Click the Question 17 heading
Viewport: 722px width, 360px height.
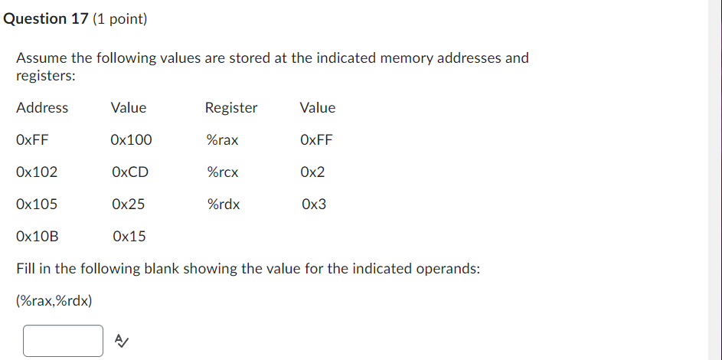[46, 19]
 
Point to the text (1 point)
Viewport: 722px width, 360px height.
[119, 19]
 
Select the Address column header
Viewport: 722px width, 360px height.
[42, 108]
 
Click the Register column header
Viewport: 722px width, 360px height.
[231, 108]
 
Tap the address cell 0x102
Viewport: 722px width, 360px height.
[36, 172]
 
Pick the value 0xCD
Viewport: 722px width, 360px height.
[129, 172]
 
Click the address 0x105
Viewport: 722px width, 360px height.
[36, 205]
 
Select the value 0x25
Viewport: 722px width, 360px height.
[128, 205]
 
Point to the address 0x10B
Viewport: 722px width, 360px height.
[37, 237]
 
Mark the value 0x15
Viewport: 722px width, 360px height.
[129, 237]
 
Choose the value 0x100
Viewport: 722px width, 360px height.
[131, 140]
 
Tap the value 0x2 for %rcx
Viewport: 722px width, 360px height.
[313, 172]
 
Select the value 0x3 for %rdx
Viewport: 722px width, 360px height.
[314, 205]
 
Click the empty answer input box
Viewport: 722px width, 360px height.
[63, 340]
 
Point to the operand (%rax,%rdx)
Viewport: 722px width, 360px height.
[54, 301]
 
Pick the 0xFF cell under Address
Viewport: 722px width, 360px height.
[32, 140]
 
